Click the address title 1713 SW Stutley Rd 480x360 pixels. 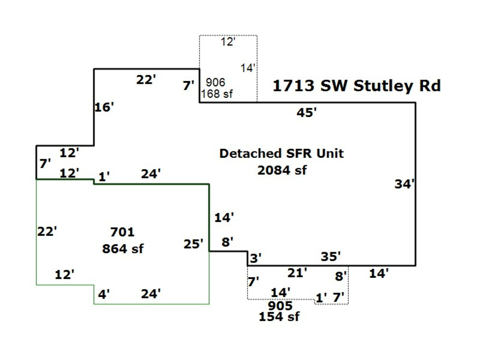tap(357, 86)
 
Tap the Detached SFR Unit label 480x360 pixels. tap(282, 154)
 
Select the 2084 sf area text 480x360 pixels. tap(282, 170)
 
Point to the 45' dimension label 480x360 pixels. tap(307, 113)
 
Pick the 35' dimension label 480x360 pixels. tap(331, 257)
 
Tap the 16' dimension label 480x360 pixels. tap(105, 107)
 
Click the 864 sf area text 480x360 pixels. tap(123, 249)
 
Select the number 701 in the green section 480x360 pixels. tap(122, 232)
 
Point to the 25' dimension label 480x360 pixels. tap(194, 244)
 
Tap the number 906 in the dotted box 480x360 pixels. tap(215, 82)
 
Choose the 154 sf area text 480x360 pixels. tap(279, 317)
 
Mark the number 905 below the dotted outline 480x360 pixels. tap(280, 306)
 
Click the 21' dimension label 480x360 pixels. tap(297, 273)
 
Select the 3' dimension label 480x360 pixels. tap(255, 259)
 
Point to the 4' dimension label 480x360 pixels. tap(103, 294)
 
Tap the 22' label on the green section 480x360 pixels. tap(47, 231)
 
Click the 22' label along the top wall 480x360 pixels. tap(146, 80)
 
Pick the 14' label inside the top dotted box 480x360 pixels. tap(248, 68)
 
